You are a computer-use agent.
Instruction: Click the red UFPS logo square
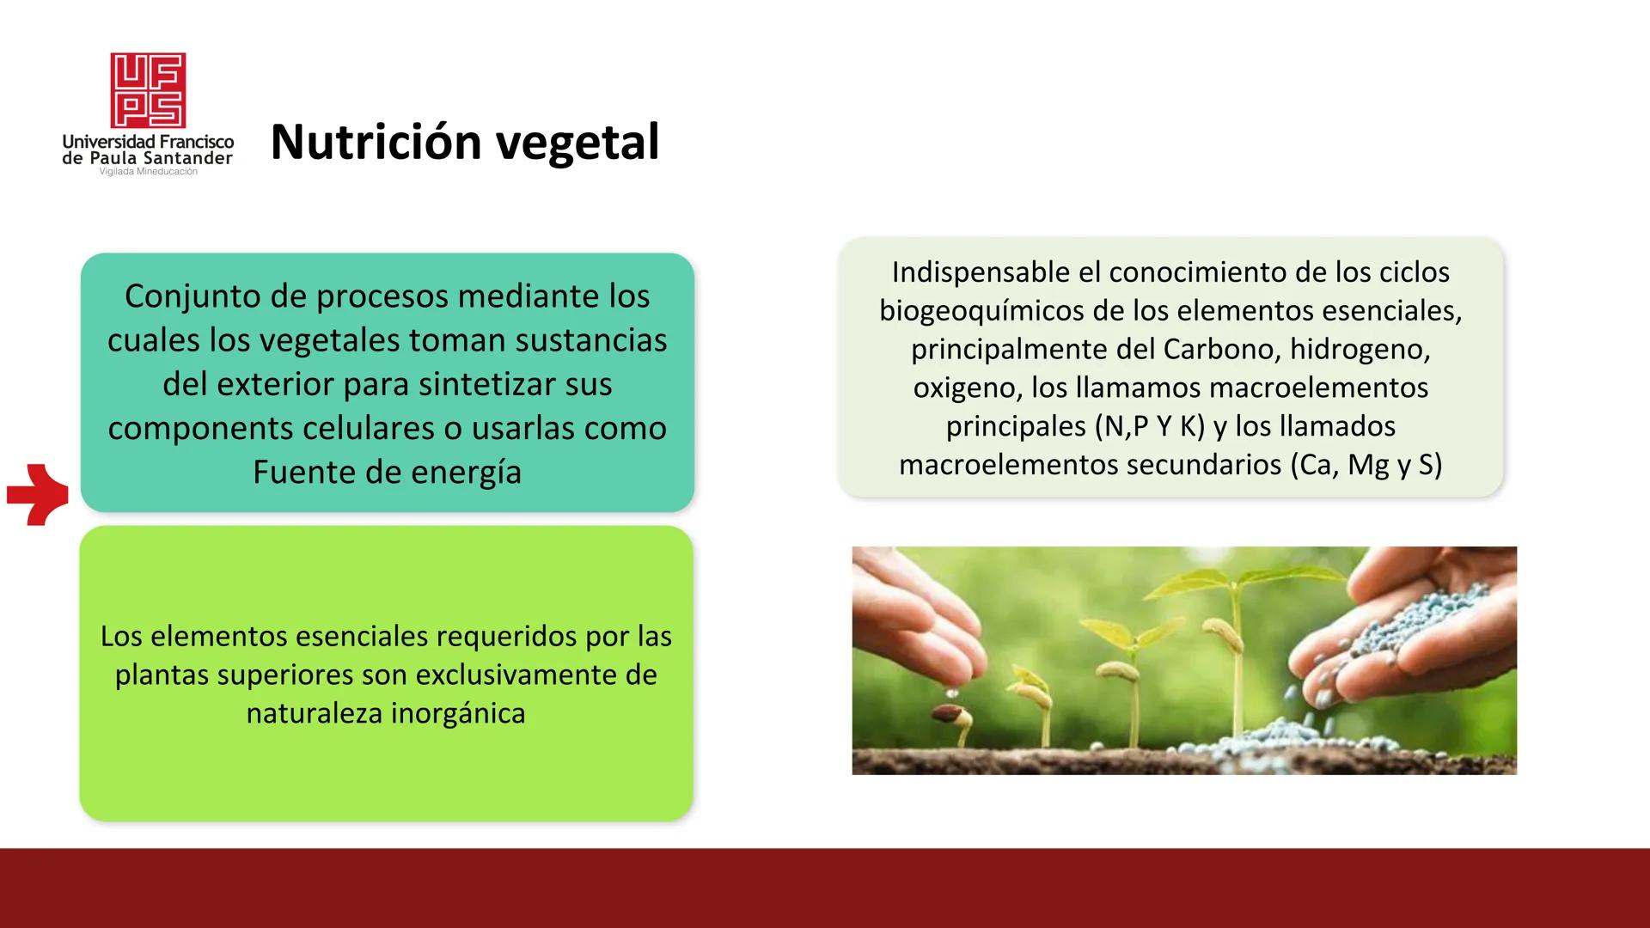(x=148, y=90)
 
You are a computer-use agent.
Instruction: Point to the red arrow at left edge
(x=39, y=494)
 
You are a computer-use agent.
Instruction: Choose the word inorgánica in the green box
(x=457, y=713)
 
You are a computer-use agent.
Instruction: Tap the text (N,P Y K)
(x=1150, y=426)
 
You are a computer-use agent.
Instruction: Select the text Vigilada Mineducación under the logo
(x=148, y=172)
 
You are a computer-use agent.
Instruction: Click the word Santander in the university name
(x=187, y=158)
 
